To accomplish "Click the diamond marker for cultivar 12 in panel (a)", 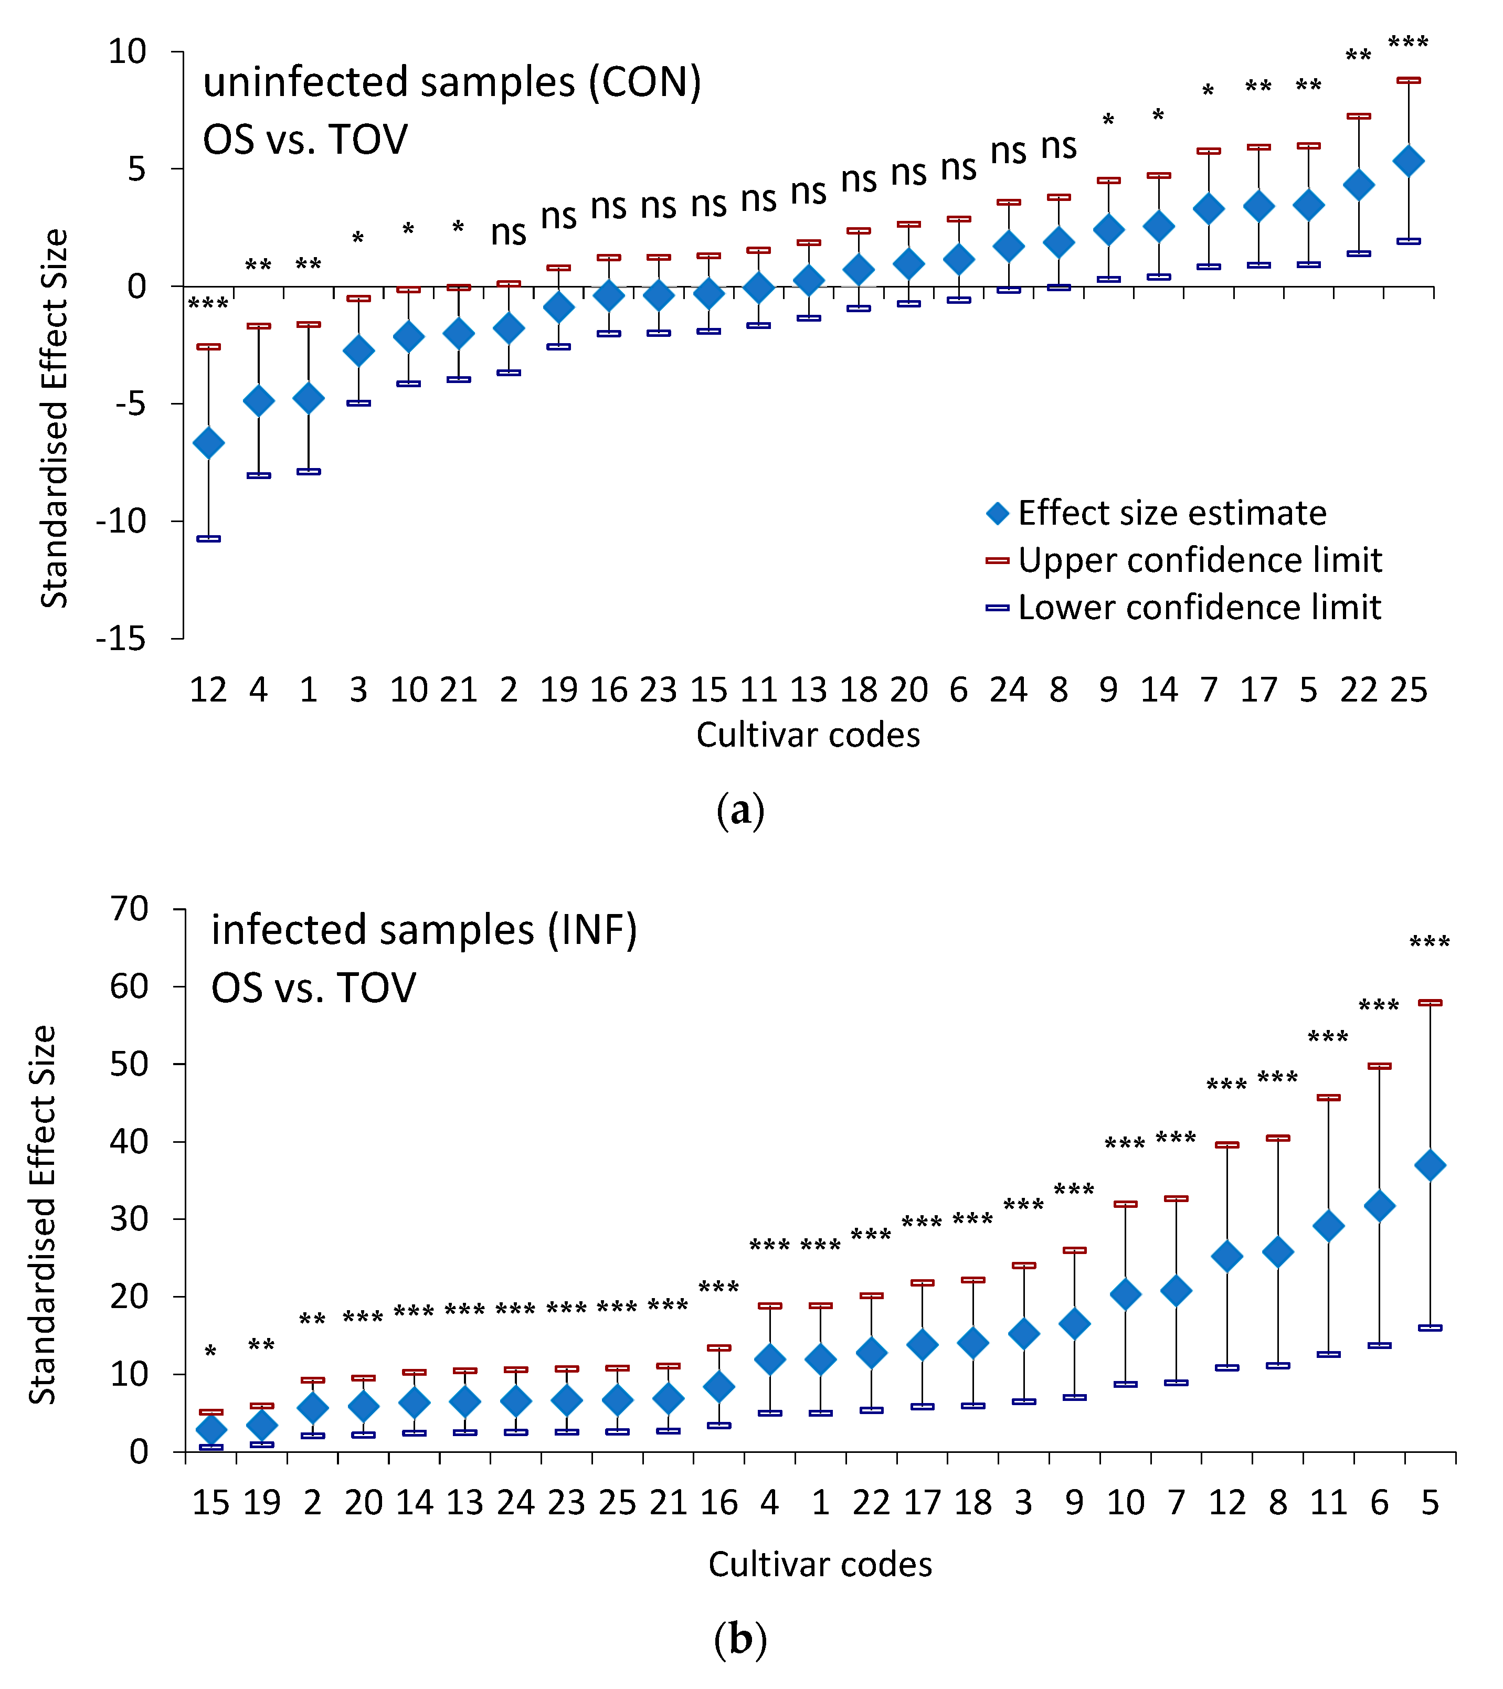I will pos(208,443).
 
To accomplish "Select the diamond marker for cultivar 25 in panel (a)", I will pos(1408,161).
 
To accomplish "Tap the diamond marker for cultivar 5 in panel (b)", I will pos(1430,1166).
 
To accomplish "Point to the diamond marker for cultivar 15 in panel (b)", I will pos(210,1429).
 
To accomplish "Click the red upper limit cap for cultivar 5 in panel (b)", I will pos(1430,1002).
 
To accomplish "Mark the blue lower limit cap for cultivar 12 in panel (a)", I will pos(208,539).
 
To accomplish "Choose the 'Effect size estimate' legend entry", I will pos(1156,513).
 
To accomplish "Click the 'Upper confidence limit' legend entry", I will pos(1183,560).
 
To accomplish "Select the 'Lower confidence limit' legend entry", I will pos(1183,608).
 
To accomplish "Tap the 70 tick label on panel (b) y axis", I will pos(129,909).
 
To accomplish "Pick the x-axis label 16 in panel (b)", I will pos(719,1502).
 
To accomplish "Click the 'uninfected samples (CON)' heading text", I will pos(452,82).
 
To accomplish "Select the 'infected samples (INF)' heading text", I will pos(424,930).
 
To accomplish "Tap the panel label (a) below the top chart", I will pos(740,811).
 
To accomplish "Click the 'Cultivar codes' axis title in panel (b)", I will pos(820,1564).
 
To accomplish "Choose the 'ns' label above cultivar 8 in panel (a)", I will pos(1059,146).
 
